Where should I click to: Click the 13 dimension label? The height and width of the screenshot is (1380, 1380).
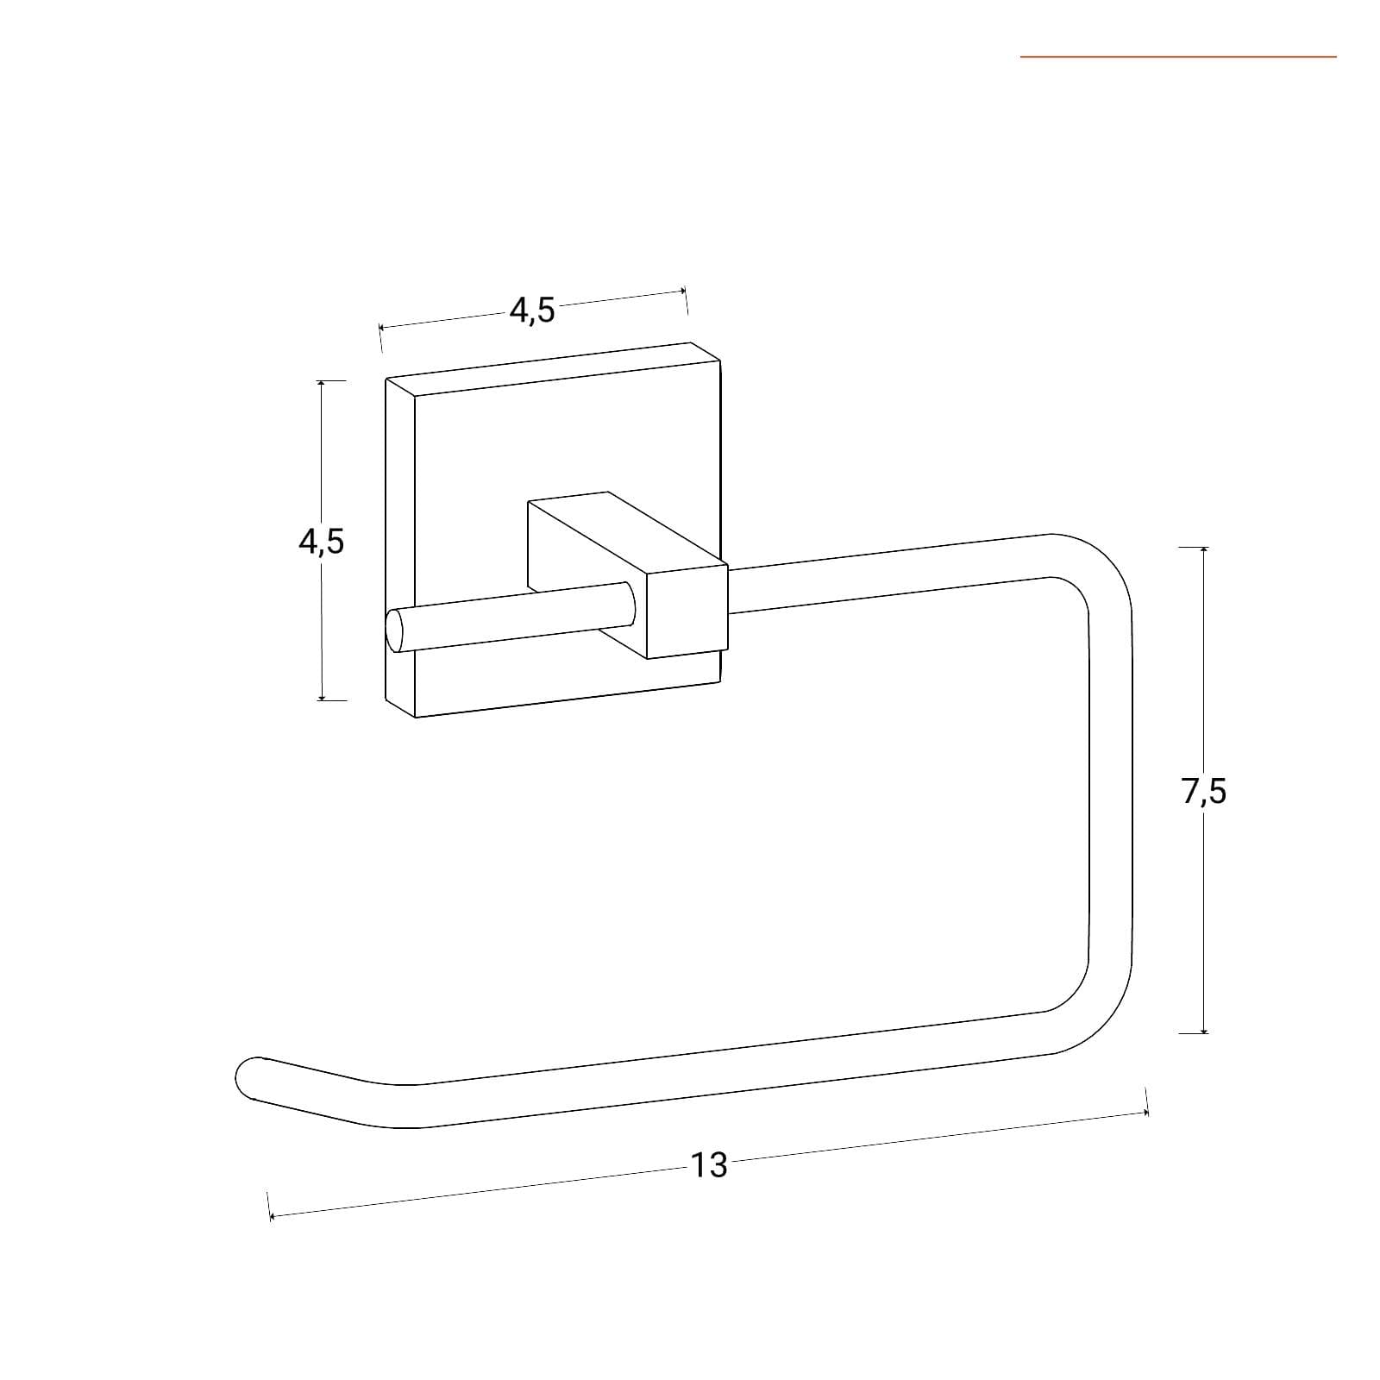click(709, 1165)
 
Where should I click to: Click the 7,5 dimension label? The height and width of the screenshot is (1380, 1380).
click(1204, 790)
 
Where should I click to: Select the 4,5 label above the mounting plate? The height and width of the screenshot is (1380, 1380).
click(532, 309)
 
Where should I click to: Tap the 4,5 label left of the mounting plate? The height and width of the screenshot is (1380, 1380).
click(321, 541)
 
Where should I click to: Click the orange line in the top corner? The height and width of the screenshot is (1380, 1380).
click(1178, 57)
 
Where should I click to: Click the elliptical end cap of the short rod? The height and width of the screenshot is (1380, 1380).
click(395, 630)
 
